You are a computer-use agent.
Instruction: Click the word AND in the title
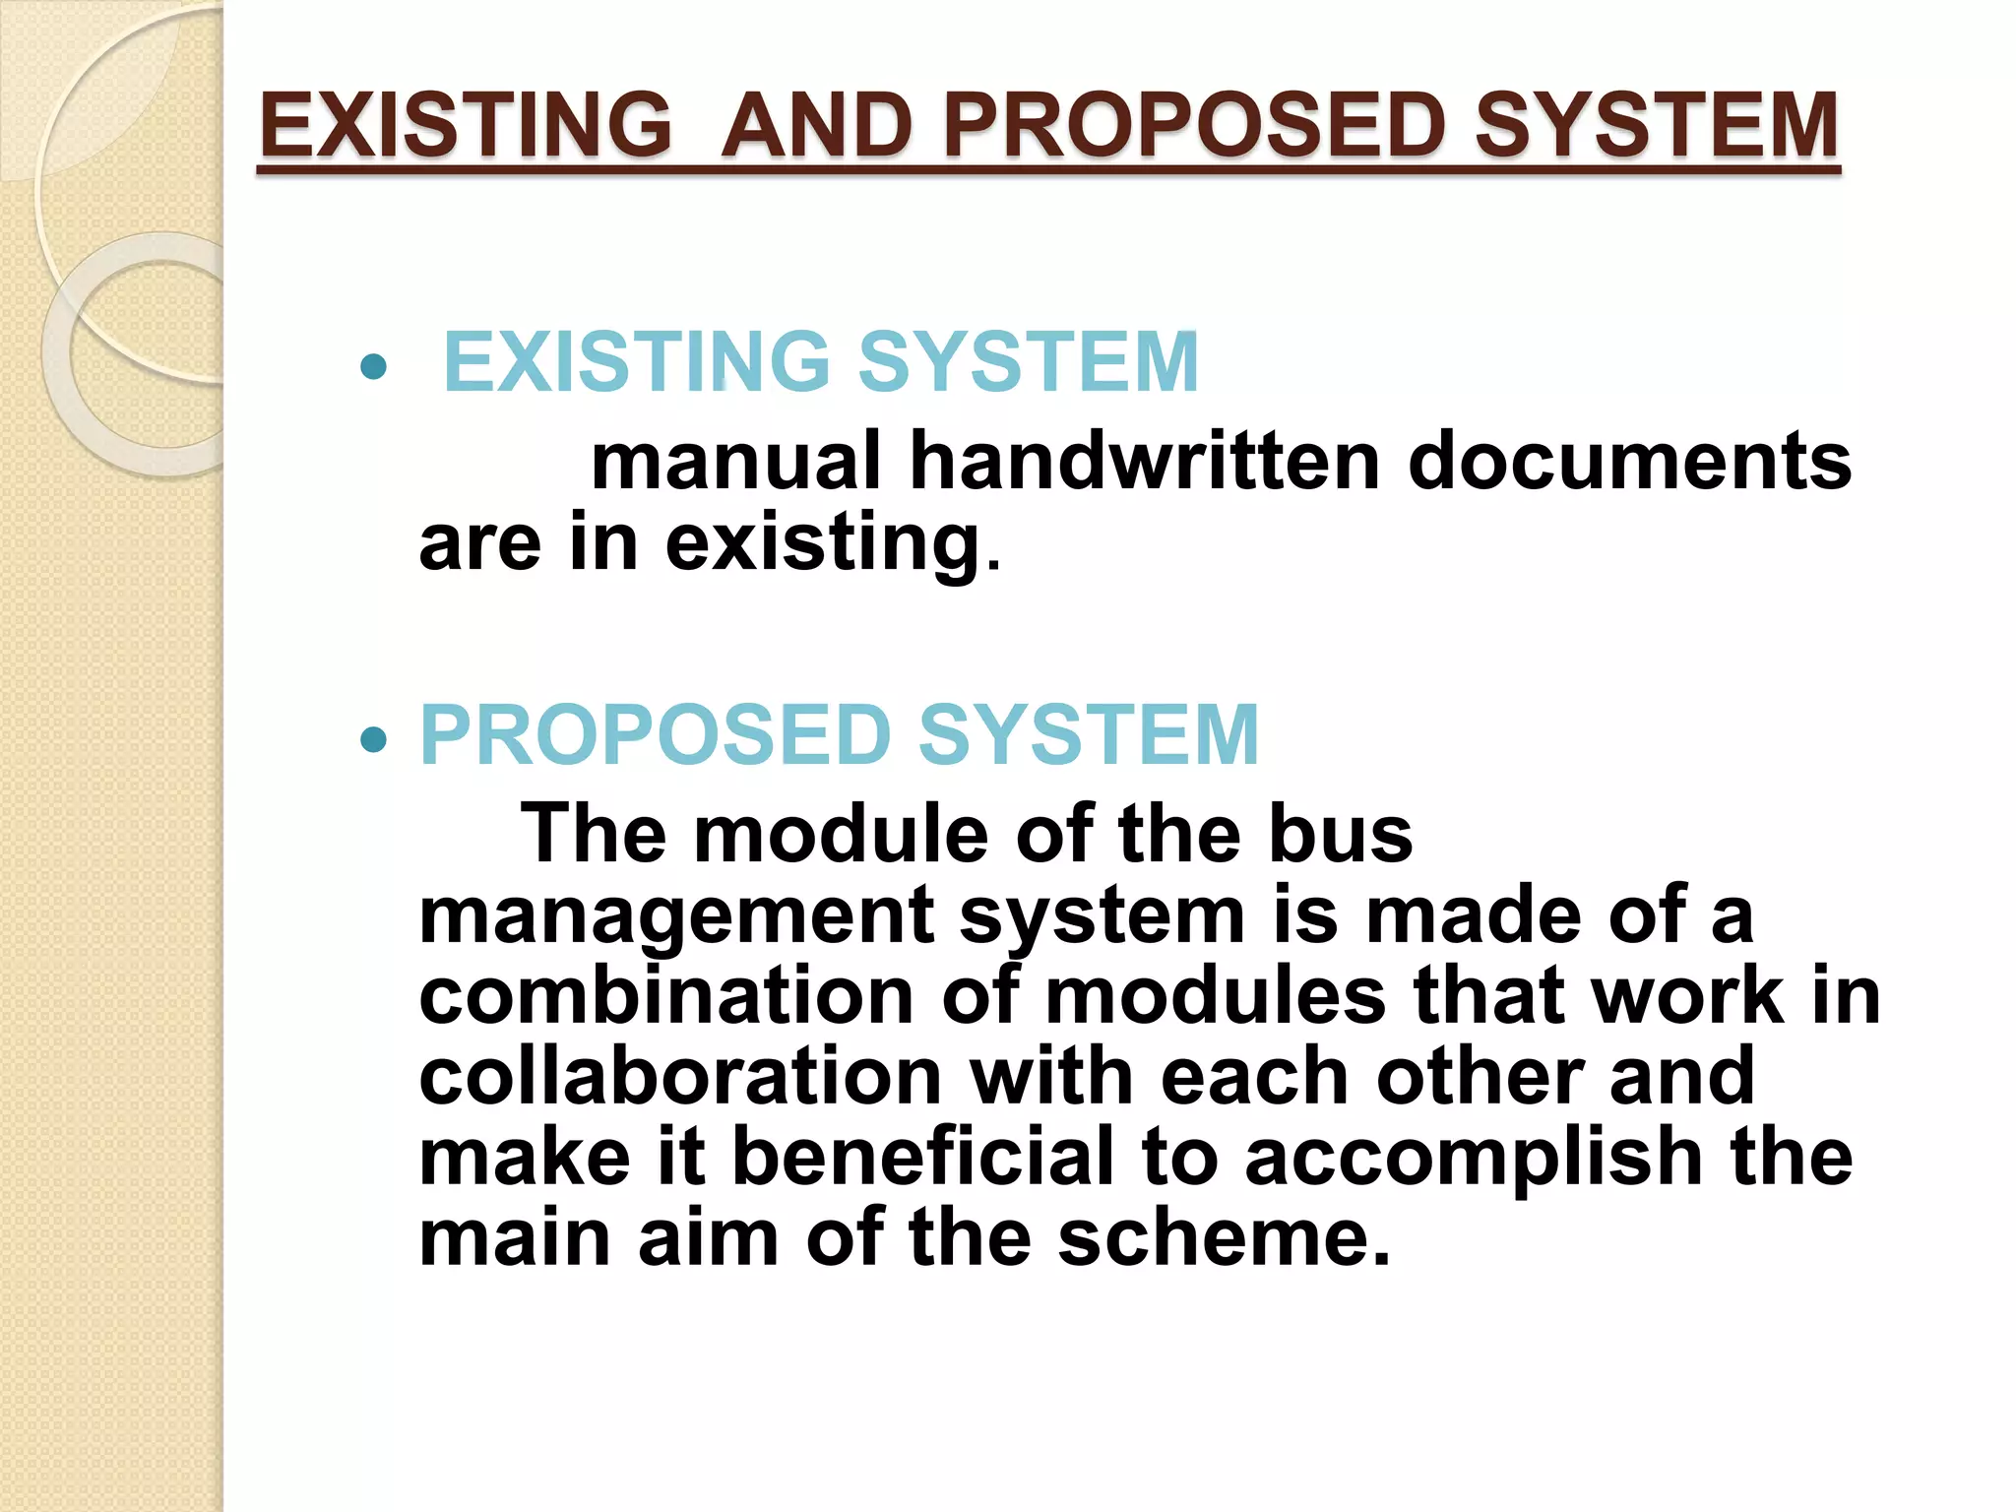coord(816,125)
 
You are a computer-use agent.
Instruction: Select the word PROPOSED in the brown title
coord(1194,125)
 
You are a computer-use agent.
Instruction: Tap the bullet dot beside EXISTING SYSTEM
coord(373,367)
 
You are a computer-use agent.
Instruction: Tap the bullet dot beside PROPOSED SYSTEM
coord(373,738)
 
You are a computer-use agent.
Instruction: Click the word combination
coord(666,996)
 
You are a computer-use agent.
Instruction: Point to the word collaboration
coord(680,1076)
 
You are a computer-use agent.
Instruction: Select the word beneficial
coord(922,1157)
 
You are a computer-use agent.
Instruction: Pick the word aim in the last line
coord(708,1237)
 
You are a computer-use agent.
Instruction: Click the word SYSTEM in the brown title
coord(1657,125)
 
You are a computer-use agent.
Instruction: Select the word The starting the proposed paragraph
coord(594,834)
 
